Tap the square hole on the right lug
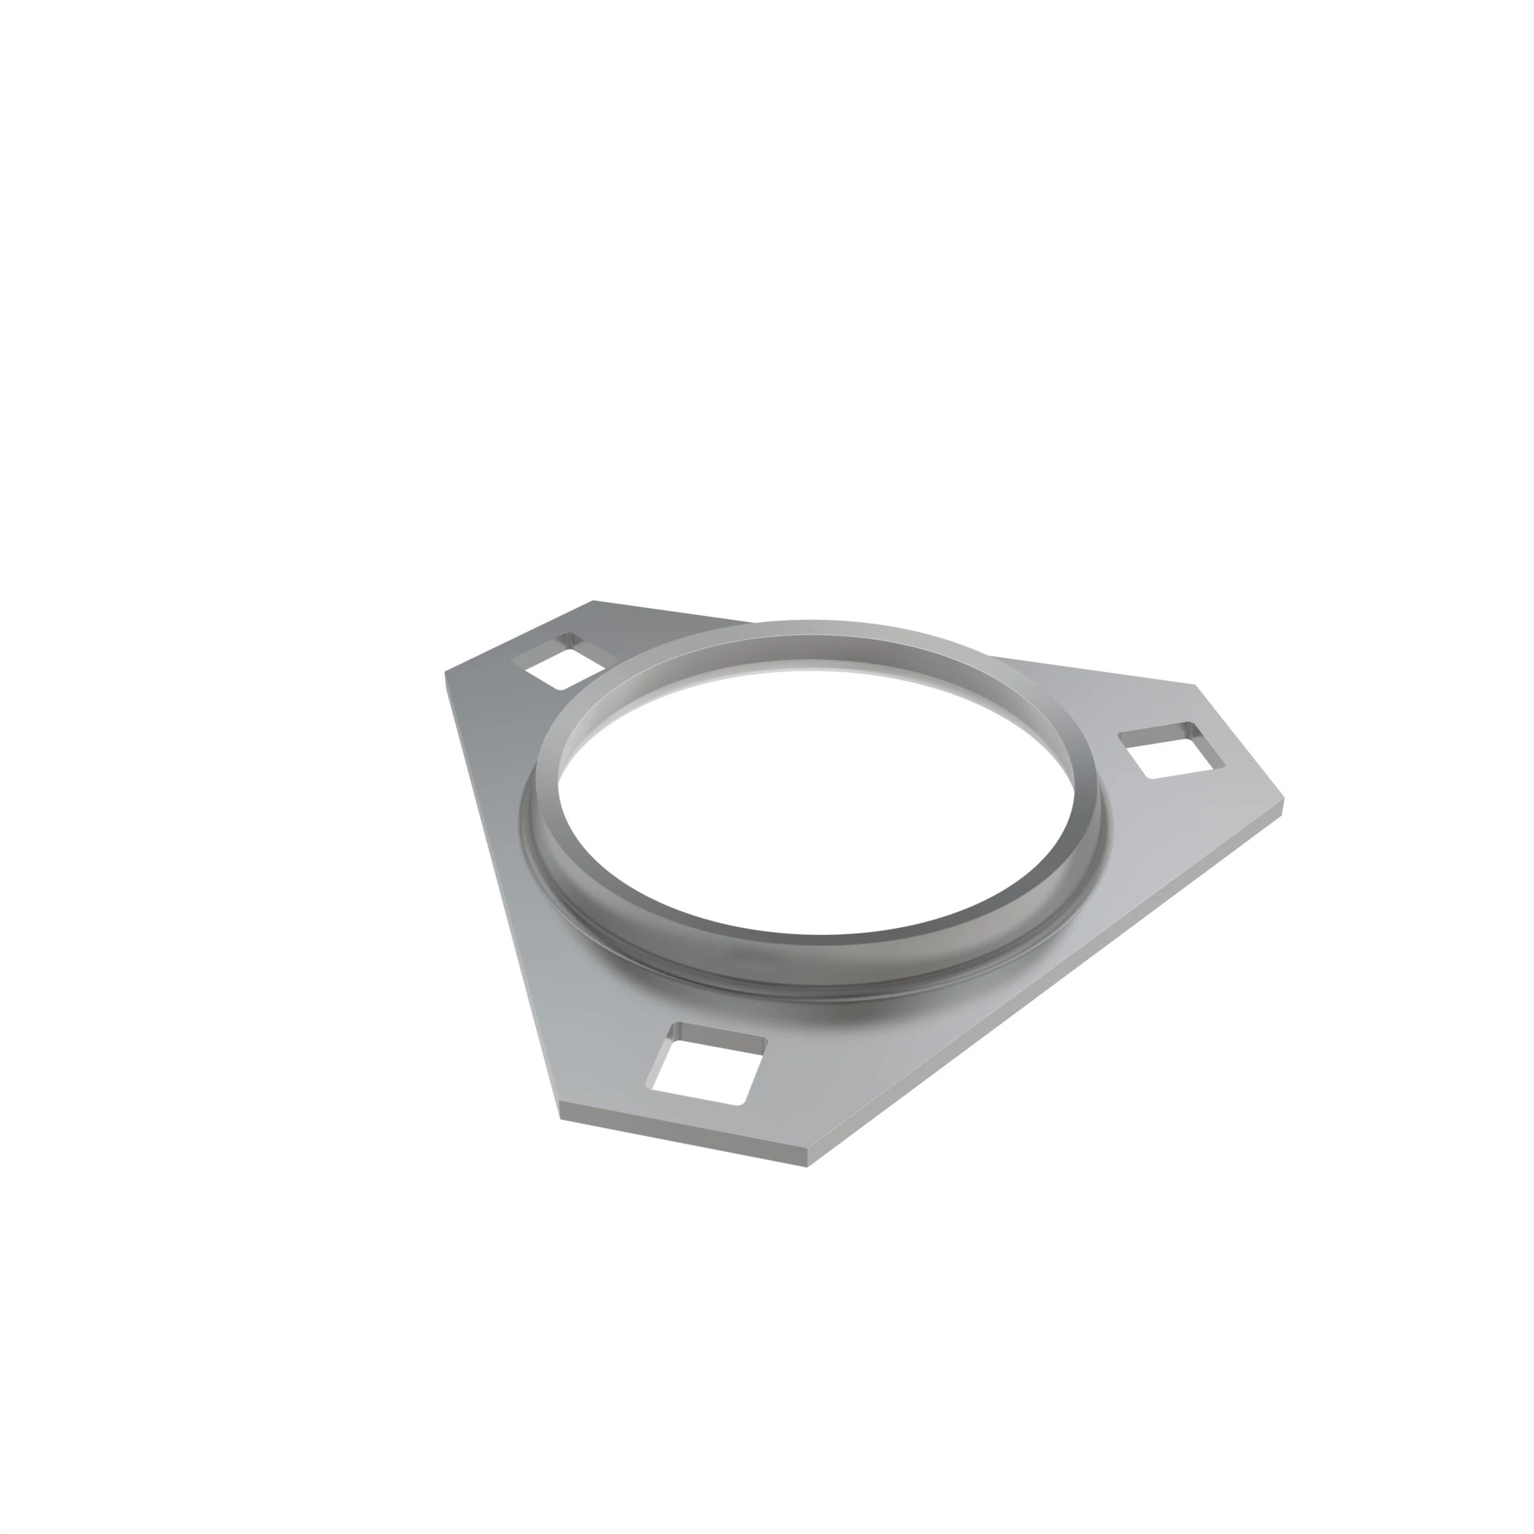(1172, 749)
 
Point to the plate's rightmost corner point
(1284, 802)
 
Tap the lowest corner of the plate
(807, 1167)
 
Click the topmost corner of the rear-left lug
(593, 601)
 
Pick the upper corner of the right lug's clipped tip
(1195, 684)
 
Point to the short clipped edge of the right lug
(1240, 742)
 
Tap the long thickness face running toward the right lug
(1048, 989)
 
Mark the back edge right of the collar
(1096, 672)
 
